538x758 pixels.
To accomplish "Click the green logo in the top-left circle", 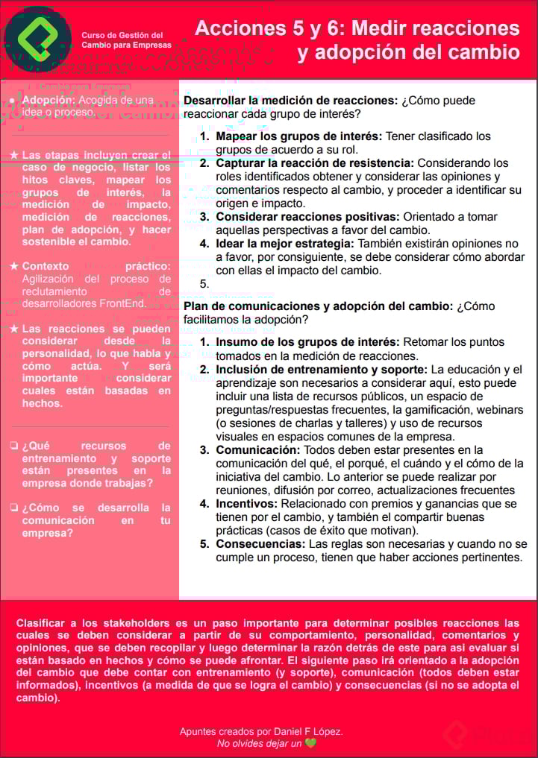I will [38, 39].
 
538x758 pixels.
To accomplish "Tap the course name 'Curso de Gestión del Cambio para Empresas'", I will [126, 40].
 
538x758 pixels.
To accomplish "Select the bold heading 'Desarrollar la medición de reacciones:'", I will [291, 101].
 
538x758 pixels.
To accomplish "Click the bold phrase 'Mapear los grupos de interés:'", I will [298, 136].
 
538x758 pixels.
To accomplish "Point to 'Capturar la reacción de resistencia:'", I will [315, 163].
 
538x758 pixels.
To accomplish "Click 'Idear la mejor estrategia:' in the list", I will [285, 244].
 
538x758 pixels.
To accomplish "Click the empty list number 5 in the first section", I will [204, 284].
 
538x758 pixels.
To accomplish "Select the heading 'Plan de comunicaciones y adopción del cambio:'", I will [318, 306].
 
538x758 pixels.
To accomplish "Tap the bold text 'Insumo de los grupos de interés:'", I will [307, 343].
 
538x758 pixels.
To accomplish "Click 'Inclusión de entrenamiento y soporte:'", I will [322, 370].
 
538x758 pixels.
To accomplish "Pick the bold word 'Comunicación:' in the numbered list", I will [256, 450].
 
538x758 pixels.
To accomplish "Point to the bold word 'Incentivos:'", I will [246, 504].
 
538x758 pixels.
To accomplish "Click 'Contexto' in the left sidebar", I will [46, 266].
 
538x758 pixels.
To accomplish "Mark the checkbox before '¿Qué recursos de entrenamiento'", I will [13, 446].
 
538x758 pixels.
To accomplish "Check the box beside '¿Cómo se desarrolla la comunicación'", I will [13, 508].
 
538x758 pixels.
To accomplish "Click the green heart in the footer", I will [310, 743].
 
